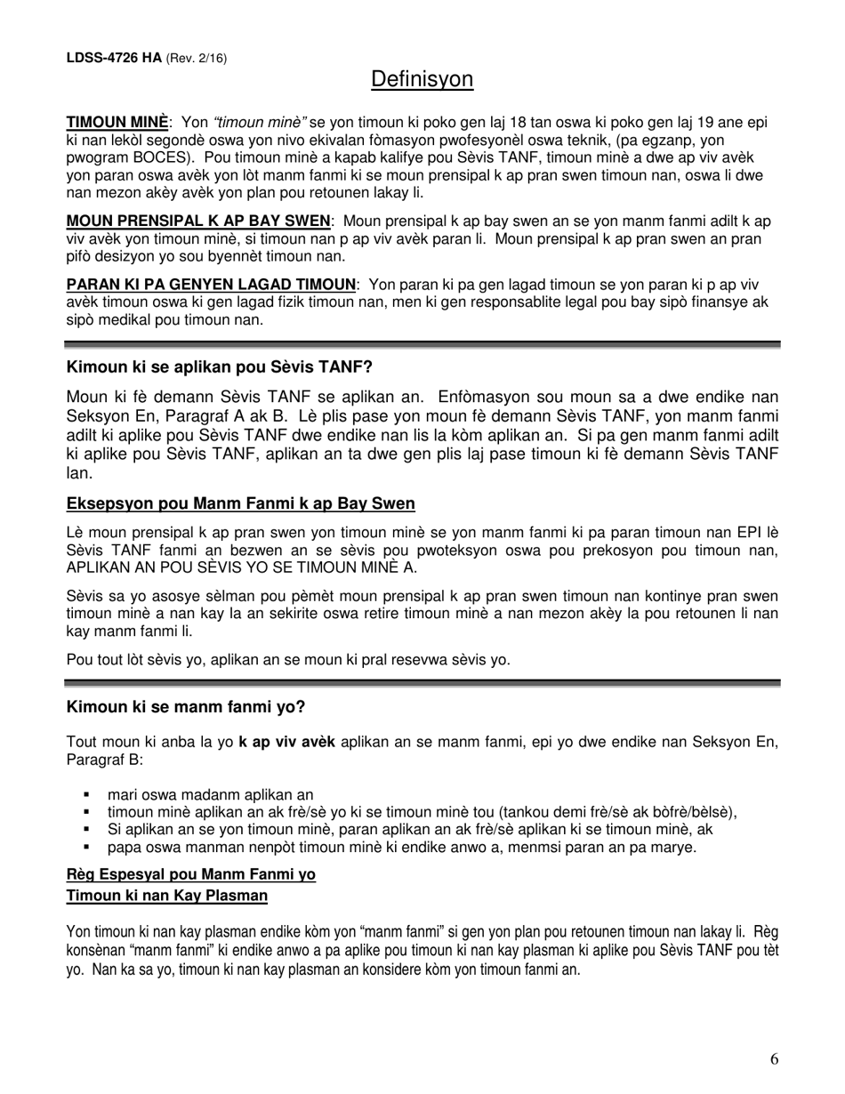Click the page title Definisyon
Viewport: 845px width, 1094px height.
(x=422, y=80)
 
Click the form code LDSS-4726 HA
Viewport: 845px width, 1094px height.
(x=114, y=58)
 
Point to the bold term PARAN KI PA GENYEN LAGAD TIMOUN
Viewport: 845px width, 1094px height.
(x=212, y=285)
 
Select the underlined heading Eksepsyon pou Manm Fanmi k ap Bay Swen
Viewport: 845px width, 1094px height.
(x=240, y=504)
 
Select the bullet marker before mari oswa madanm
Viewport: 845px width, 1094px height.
(x=86, y=794)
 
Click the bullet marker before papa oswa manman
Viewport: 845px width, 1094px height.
(x=86, y=847)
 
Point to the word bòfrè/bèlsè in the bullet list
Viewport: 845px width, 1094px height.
(x=694, y=811)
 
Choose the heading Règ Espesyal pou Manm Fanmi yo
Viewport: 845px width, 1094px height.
(x=191, y=874)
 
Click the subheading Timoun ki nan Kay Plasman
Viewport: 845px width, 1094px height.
(x=167, y=896)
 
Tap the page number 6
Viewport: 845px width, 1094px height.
(x=774, y=1058)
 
